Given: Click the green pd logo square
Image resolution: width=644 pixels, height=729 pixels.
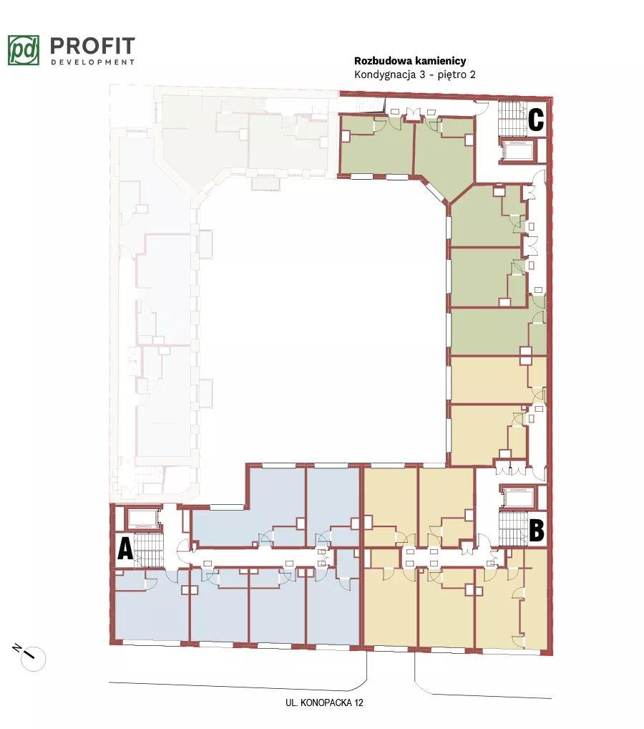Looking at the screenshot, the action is [24, 50].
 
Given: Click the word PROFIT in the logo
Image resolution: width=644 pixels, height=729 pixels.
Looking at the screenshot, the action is [92, 46].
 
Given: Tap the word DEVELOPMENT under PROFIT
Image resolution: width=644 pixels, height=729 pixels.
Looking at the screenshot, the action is [92, 62].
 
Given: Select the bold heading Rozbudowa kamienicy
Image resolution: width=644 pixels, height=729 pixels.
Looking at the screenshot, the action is [410, 61].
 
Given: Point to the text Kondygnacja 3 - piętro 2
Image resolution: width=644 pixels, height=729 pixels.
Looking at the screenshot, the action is [415, 74].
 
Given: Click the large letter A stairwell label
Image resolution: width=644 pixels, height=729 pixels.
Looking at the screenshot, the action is [125, 549].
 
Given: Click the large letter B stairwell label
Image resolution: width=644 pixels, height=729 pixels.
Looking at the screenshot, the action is [537, 530].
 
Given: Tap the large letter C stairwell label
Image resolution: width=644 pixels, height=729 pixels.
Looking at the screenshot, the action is [536, 120].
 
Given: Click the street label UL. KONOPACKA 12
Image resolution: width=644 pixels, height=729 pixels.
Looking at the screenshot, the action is [324, 703].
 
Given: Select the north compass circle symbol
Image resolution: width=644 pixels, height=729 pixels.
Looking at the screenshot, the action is [34, 659].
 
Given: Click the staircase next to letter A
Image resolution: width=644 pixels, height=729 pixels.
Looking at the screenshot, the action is [149, 550].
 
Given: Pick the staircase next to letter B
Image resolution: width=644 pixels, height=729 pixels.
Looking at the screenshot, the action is [514, 528].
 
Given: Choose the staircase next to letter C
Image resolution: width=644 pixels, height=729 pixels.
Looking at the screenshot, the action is [513, 118].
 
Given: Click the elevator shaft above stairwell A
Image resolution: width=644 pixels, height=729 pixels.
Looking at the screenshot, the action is [144, 519].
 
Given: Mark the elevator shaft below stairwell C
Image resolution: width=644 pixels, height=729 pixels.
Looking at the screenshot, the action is [518, 150].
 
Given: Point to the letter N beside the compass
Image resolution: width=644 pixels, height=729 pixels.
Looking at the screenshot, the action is [16, 647].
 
